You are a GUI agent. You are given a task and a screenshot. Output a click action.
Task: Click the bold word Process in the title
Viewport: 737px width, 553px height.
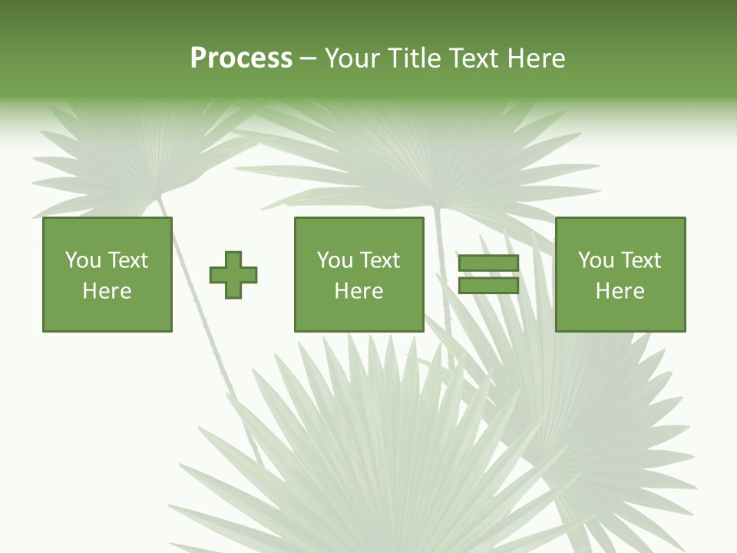241,58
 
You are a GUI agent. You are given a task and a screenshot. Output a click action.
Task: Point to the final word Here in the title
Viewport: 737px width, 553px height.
536,58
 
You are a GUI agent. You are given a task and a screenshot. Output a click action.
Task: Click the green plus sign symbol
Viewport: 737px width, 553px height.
233,275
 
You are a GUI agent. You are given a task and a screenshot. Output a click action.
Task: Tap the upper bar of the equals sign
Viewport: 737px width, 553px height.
488,263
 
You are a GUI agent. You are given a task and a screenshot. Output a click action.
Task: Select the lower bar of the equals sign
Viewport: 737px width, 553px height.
488,285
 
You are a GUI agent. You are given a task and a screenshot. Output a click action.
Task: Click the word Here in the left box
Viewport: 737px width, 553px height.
107,291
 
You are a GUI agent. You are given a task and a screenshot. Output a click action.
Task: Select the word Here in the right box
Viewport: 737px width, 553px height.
620,291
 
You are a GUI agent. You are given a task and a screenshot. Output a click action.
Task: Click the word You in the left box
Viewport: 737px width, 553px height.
83,260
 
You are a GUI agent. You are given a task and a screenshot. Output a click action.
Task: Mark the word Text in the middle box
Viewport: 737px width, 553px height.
379,260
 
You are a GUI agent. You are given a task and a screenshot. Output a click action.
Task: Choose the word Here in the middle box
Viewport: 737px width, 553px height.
359,291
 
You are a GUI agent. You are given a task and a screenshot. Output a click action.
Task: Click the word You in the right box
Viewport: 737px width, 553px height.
596,260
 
